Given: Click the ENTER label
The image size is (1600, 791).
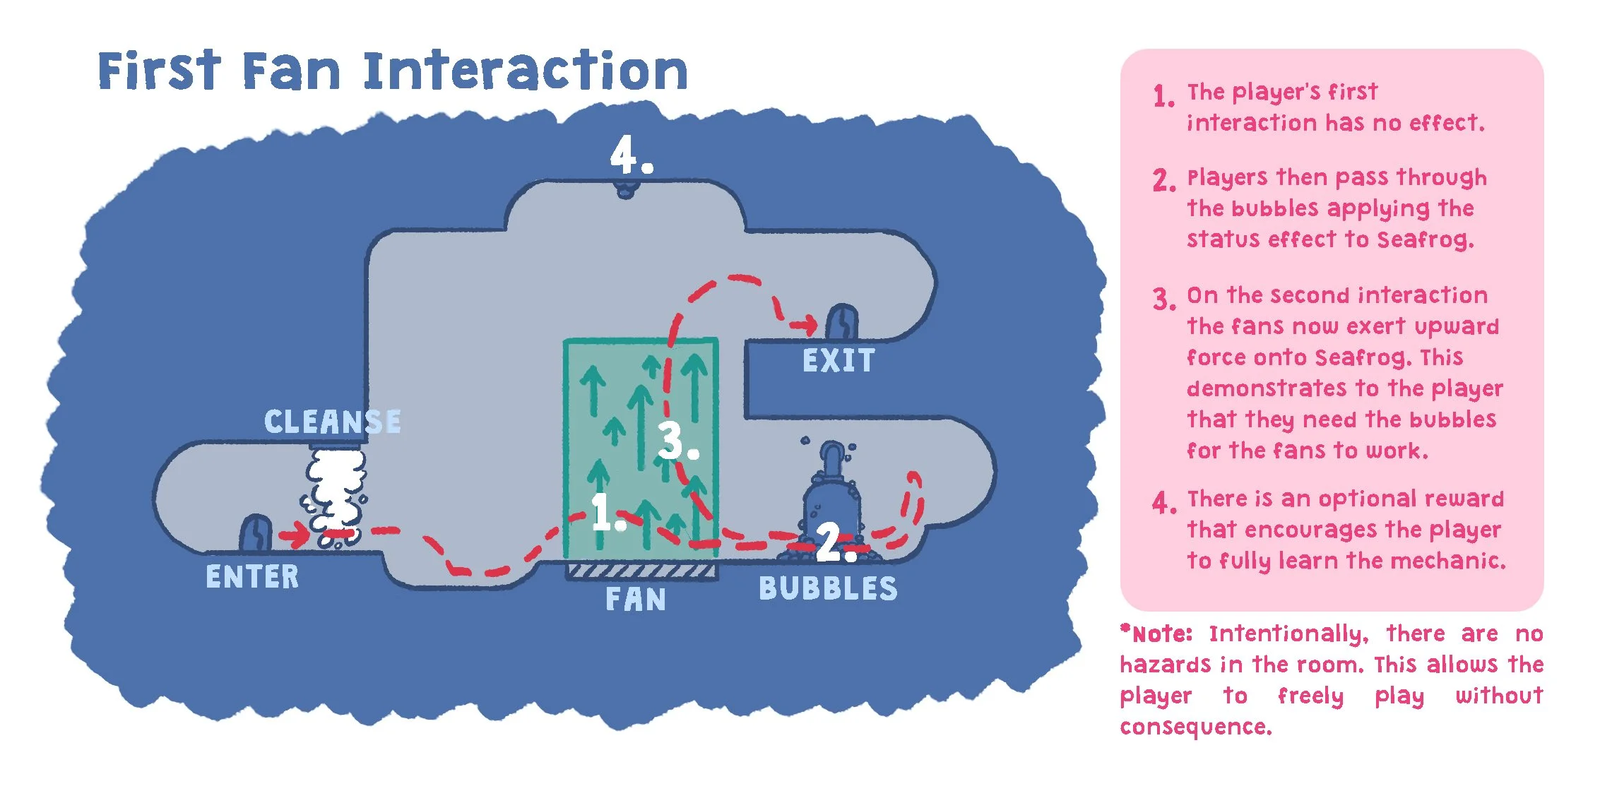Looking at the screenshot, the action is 252,577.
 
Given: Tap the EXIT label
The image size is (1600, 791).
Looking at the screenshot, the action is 838,361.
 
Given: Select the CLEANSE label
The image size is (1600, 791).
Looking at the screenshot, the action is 332,422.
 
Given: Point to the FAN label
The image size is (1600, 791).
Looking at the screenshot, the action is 636,600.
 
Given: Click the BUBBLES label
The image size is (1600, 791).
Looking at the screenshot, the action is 828,589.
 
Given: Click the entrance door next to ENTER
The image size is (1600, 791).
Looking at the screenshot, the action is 256,533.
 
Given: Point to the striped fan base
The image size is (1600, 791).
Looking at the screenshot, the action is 641,571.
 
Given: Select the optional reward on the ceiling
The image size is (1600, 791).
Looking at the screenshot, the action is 626,190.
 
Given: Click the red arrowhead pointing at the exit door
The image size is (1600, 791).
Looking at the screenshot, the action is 807,326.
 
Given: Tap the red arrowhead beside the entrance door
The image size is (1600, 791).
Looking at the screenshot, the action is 298,535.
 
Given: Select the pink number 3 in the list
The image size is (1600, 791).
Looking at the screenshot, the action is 1163,299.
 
